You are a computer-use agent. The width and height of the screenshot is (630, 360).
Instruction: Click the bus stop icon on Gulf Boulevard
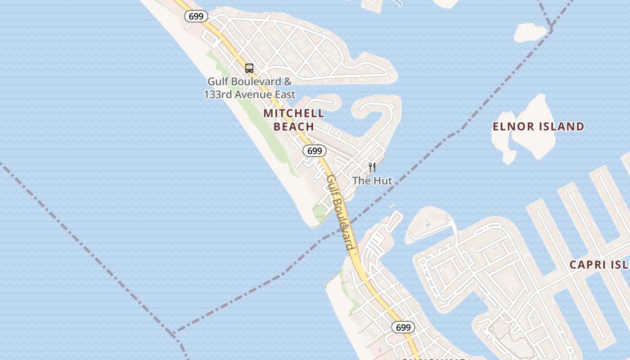(x=249, y=68)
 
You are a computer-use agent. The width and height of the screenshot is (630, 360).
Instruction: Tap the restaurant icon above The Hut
(x=372, y=167)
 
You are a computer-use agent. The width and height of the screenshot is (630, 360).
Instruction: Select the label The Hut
(x=372, y=181)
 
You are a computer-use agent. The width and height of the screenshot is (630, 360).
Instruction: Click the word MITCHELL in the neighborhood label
(x=294, y=113)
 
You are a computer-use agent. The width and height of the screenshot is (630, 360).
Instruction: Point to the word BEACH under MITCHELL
(x=294, y=127)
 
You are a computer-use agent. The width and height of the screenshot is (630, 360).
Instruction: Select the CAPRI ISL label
(x=599, y=265)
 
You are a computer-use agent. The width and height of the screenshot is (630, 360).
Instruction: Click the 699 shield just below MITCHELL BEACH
(x=314, y=151)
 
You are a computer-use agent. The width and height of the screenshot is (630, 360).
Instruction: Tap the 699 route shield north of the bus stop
(x=196, y=16)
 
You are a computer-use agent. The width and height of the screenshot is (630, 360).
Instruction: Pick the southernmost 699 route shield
(x=403, y=327)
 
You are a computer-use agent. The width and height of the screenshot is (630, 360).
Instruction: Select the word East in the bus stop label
(x=285, y=94)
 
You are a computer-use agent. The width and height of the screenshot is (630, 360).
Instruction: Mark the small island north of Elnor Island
(x=530, y=32)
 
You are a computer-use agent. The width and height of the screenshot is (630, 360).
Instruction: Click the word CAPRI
(x=588, y=265)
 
